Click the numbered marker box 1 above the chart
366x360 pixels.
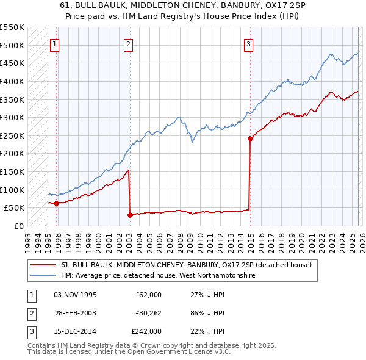tap(55, 44)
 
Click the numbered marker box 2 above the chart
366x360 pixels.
tap(129, 44)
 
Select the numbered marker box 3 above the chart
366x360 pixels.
tap(249, 44)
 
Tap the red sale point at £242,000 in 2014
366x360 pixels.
tap(250, 139)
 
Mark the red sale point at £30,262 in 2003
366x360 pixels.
tap(130, 215)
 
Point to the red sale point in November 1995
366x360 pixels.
tap(56, 203)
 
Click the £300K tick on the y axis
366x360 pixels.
tap(12, 117)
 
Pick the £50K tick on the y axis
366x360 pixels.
tap(15, 208)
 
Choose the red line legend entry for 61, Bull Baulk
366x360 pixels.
tap(186, 265)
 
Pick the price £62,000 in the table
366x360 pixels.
tap(148, 295)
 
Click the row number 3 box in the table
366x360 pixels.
tap(30, 331)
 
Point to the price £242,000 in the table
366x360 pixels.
tap(146, 331)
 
